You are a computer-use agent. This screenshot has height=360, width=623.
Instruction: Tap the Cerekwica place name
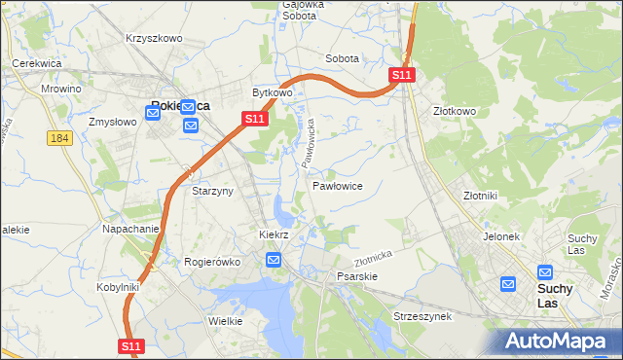[37, 62]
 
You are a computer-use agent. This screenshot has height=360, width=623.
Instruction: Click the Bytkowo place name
[273, 93]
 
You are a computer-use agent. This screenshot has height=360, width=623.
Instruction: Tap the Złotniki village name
[480, 195]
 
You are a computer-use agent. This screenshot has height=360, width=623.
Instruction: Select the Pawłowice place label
[338, 185]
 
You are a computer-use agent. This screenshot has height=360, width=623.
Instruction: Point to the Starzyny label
[212, 192]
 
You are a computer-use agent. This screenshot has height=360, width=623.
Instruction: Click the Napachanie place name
[130, 229]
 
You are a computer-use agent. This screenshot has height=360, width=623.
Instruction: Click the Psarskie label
[356, 276]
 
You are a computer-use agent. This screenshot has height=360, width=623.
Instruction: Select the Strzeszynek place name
[421, 317]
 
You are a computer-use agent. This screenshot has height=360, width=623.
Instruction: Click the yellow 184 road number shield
[59, 139]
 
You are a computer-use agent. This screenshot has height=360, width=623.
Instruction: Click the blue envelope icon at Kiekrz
[274, 259]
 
